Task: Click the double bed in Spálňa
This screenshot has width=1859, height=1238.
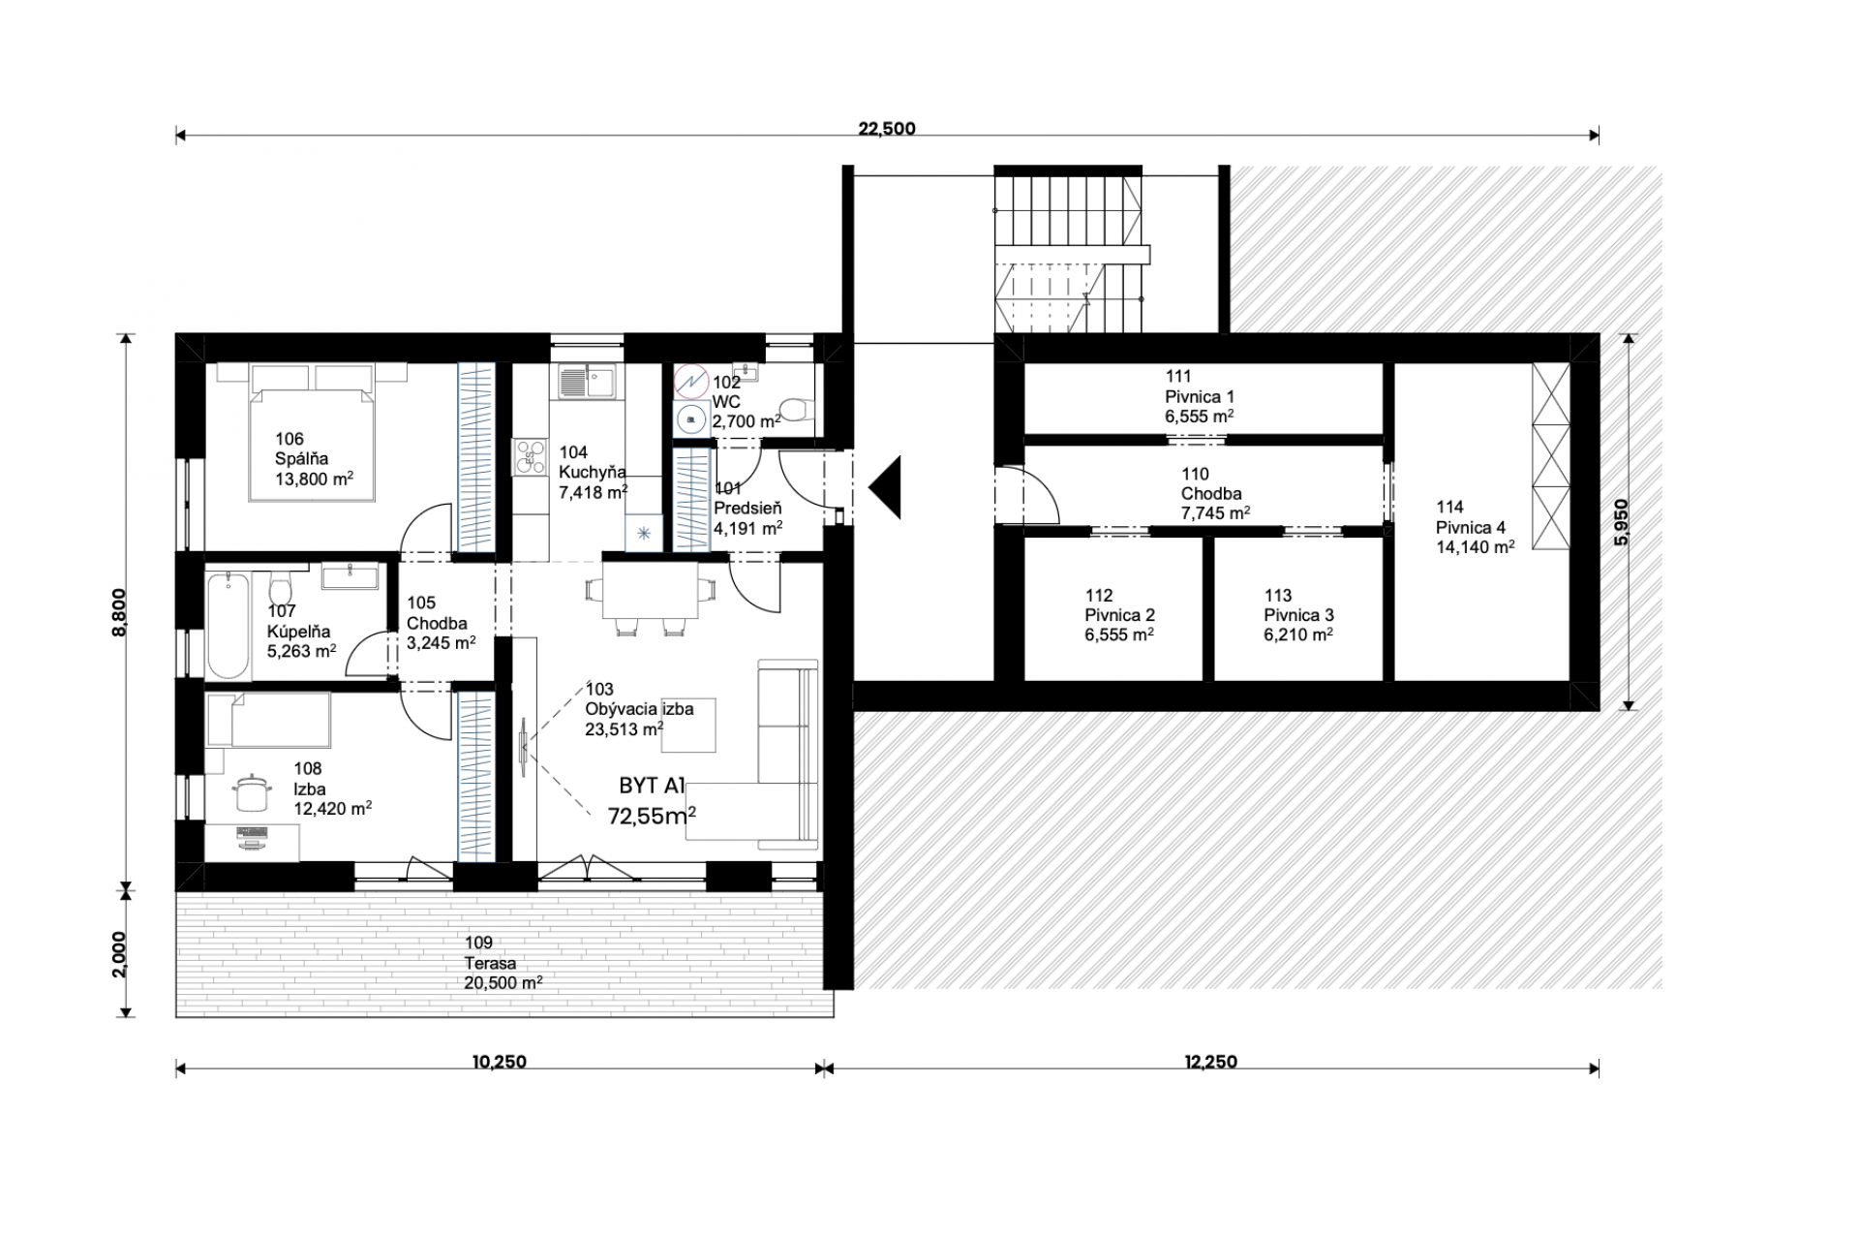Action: [312, 432]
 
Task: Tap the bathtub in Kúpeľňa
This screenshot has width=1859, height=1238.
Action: [229, 626]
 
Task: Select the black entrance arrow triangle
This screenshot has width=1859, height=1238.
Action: [886, 487]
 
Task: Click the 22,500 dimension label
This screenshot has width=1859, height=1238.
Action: [887, 129]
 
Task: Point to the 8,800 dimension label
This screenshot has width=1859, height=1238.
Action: [119, 612]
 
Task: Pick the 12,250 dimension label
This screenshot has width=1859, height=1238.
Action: [1210, 1062]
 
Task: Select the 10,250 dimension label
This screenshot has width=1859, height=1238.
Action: [500, 1062]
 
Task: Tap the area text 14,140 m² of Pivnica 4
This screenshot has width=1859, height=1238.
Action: [1476, 546]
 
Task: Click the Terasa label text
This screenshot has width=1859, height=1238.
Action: [490, 964]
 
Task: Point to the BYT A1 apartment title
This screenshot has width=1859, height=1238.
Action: [653, 786]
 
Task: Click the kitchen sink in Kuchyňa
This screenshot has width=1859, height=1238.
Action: [585, 380]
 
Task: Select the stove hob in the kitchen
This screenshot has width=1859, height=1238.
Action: [531, 457]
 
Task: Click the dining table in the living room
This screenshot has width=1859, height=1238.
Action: [651, 589]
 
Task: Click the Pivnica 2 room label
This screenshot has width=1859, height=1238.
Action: [1119, 615]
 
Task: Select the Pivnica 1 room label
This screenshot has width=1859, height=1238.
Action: [1200, 396]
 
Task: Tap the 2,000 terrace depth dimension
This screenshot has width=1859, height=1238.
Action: [119, 955]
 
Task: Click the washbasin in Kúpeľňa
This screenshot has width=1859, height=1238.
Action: [349, 576]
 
